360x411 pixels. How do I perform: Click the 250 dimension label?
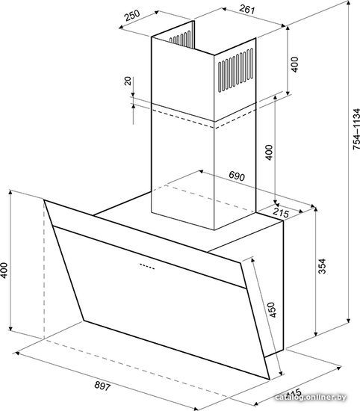[x=133, y=16]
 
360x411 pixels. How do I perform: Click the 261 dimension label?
[x=246, y=10]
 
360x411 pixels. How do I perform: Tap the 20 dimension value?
[x=128, y=81]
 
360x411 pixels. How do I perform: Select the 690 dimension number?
[x=237, y=176]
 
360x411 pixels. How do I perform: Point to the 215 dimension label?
[x=281, y=213]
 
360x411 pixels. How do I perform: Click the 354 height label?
[x=322, y=266]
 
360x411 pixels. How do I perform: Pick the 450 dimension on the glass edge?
[x=272, y=309]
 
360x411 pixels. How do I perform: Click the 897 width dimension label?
[x=102, y=386]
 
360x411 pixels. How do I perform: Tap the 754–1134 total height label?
[x=356, y=129]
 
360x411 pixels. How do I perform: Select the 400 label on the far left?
[x=4, y=271]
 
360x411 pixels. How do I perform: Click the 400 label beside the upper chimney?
[x=294, y=64]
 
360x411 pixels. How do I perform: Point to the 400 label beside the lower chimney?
[x=269, y=152]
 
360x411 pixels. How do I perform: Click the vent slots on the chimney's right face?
[x=235, y=70]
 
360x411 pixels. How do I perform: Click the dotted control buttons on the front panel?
[x=147, y=266]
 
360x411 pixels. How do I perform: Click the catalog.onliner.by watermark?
[x=311, y=398]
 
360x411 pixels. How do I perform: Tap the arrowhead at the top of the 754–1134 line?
[x=349, y=3]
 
